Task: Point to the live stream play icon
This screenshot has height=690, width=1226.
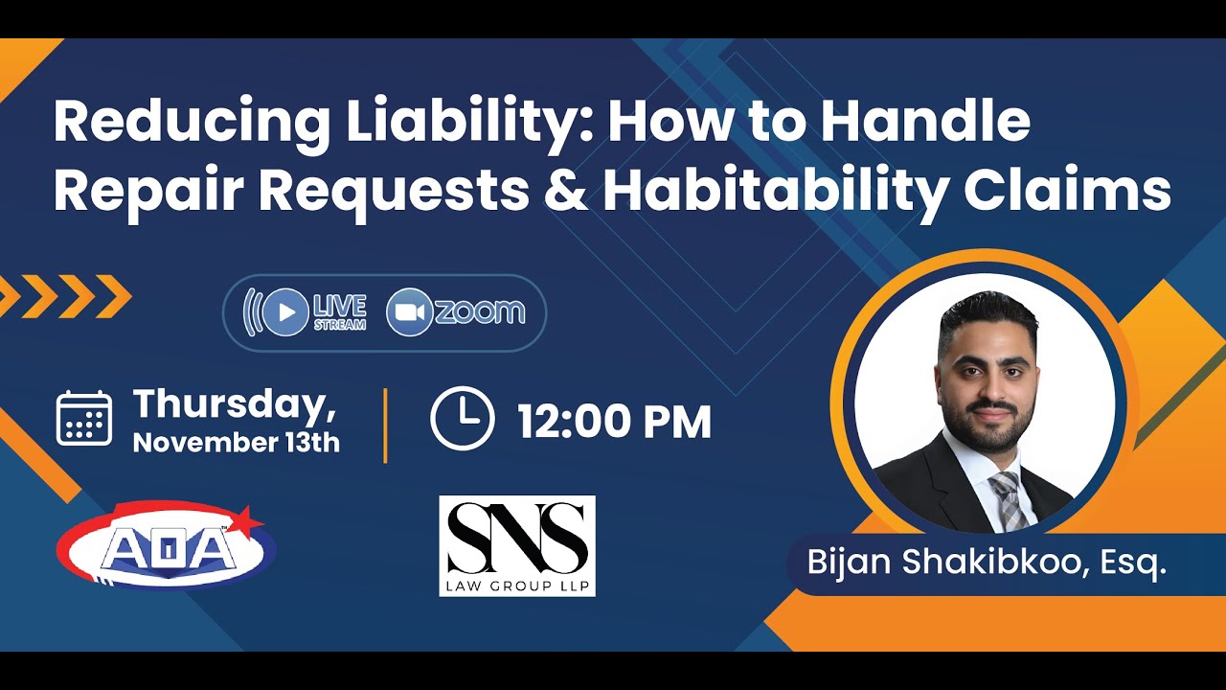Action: [x=285, y=312]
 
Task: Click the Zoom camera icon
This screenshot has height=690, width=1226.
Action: [x=409, y=312]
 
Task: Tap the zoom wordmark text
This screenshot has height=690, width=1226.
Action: [x=480, y=312]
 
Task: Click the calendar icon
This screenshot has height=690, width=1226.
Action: [x=84, y=419]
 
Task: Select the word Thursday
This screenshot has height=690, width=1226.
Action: [x=234, y=403]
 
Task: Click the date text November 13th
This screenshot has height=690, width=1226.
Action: [x=236, y=443]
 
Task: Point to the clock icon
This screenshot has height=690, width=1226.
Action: [x=462, y=419]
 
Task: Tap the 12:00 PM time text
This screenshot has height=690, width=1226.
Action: [x=615, y=423]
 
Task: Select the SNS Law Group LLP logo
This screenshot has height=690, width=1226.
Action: [x=517, y=545]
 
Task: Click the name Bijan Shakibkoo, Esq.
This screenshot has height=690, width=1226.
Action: [x=987, y=563]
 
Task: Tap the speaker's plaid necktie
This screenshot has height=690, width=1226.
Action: [x=1008, y=499]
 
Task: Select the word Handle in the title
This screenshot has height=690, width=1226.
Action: [x=925, y=122]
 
